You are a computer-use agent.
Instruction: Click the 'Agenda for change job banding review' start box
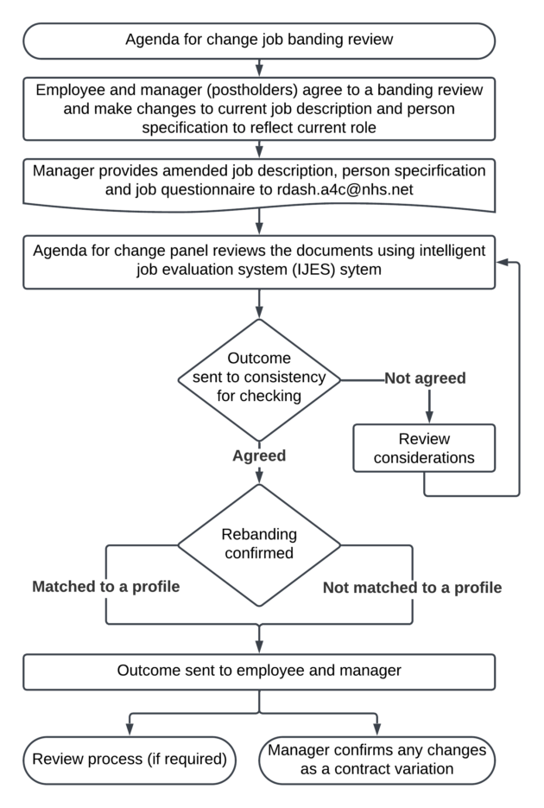pos(259,41)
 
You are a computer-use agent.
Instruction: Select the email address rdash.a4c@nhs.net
pos(345,189)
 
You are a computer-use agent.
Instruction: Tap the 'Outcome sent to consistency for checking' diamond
pos(259,379)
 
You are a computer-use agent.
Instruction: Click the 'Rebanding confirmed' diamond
pos(259,544)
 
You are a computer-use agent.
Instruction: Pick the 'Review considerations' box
pos(424,448)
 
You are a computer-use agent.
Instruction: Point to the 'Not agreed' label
pos(425,379)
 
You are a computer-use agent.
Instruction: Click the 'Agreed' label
pos(259,455)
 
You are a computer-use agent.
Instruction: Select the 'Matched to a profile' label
pos(106,587)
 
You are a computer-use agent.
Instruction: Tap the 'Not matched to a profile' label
pos(412,588)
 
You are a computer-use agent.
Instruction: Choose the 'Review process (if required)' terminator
pos(130,760)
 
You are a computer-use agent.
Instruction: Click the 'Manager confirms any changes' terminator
pos(376,760)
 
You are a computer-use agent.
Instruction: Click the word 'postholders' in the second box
pos(252,90)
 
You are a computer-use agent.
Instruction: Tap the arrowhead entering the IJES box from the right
pos(502,263)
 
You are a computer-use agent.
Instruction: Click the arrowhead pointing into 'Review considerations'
pos(429,417)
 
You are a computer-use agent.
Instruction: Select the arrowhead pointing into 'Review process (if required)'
pos(130,729)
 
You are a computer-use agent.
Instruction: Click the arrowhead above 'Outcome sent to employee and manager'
pos(259,647)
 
